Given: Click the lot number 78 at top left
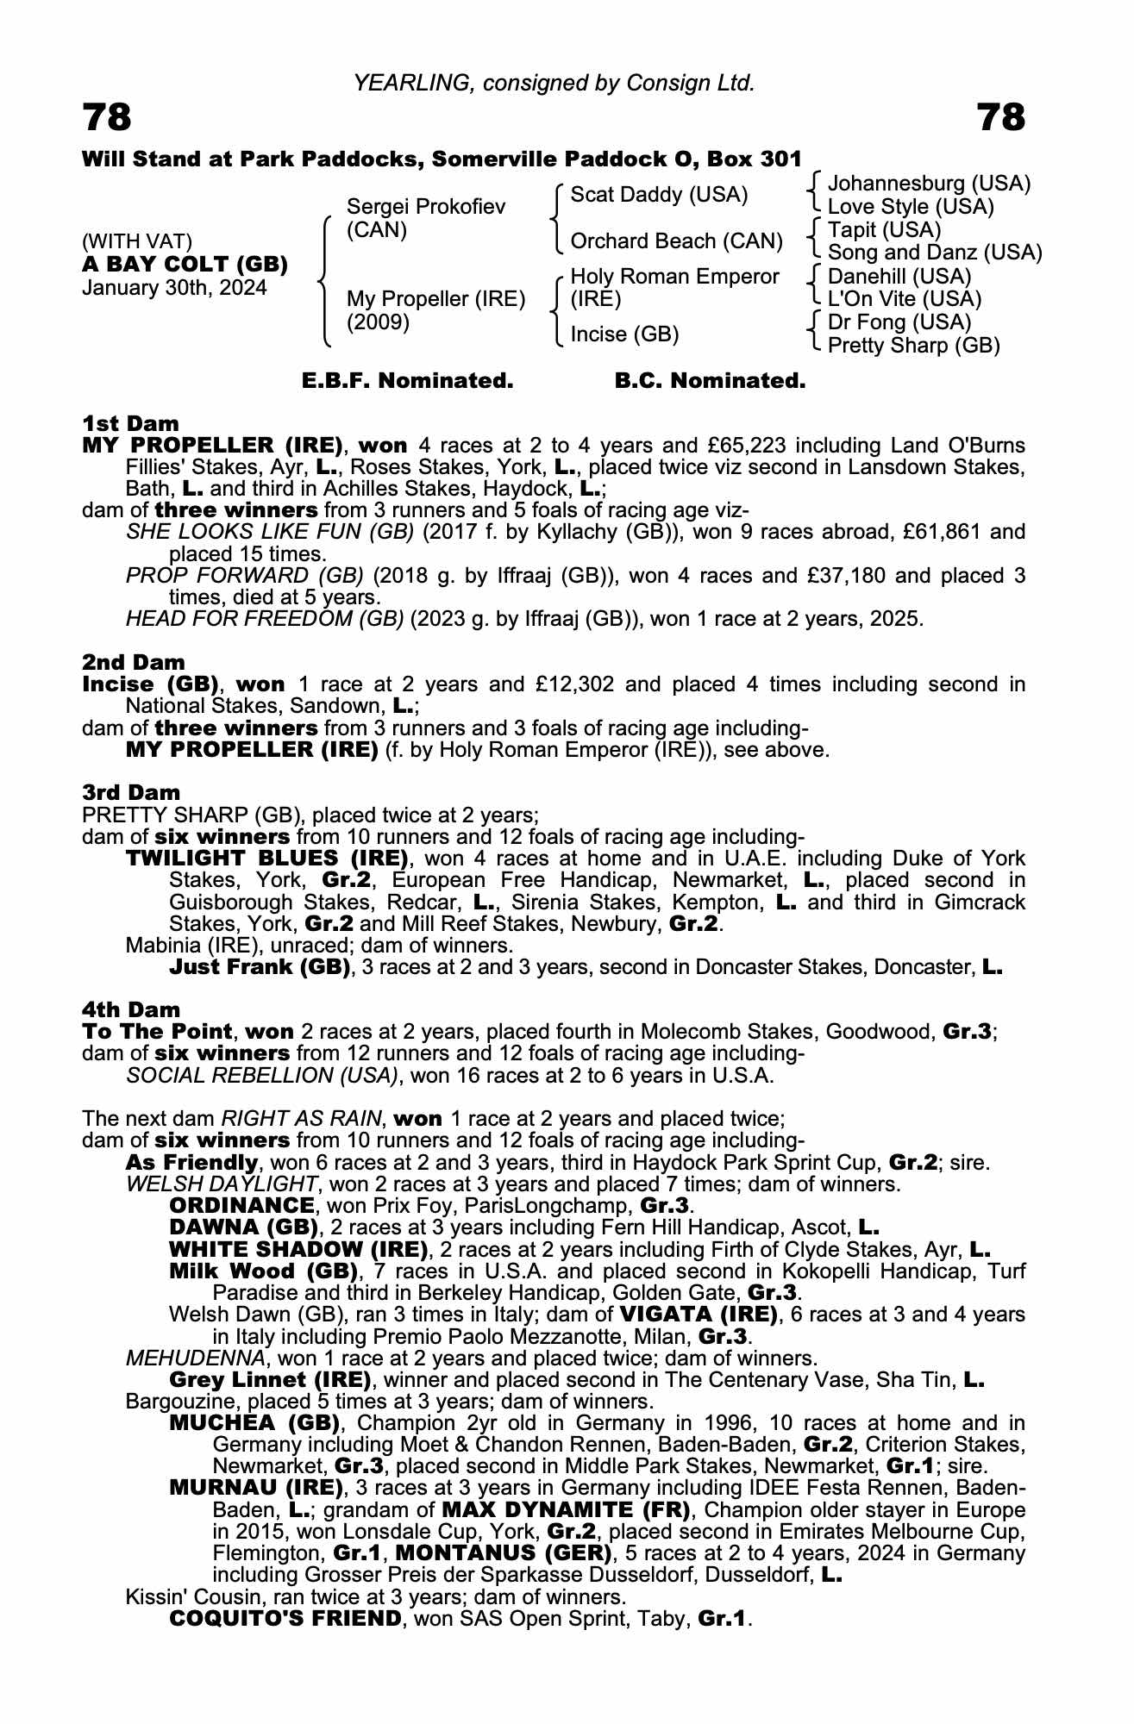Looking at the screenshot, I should tap(107, 117).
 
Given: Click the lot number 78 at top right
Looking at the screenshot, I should tap(1001, 117).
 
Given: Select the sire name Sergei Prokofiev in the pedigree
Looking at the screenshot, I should tap(425, 207).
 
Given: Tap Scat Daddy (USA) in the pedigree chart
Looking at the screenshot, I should tap(659, 195).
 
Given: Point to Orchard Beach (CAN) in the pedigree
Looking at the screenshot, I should tap(676, 241).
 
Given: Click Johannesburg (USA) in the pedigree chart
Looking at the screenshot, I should tap(929, 184).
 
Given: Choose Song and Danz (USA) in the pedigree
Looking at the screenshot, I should tap(934, 253).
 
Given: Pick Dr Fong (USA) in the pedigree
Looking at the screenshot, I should tap(899, 322).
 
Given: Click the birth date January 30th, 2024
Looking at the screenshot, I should tap(174, 288).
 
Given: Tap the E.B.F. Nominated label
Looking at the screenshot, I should tap(407, 381).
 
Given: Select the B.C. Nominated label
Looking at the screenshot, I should tap(710, 381).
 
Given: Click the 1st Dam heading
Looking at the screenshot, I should tap(130, 423).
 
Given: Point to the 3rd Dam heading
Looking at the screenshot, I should tap(131, 793).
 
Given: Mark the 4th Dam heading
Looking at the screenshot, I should tap(131, 1009).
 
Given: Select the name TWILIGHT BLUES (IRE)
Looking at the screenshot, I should tap(266, 859).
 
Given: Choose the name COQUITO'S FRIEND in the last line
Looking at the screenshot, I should tap(285, 1619).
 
